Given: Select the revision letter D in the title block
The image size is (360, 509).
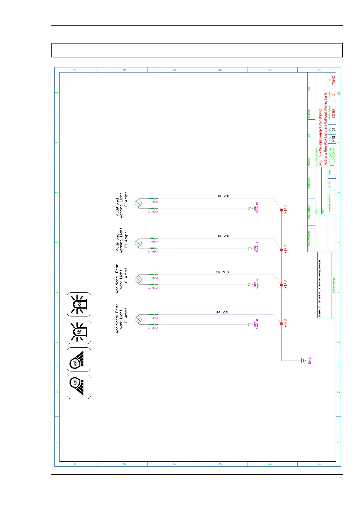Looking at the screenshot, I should tap(334, 94).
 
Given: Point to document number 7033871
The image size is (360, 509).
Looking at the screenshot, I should tap(334, 112).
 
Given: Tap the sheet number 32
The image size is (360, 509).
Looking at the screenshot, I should tap(334, 129).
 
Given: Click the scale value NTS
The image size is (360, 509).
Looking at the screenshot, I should tap(334, 139).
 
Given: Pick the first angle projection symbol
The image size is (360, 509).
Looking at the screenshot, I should tap(332, 155).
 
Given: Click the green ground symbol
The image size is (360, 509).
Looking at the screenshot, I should tap(302, 360).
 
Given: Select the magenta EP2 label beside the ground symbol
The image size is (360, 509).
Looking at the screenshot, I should tap(309, 361).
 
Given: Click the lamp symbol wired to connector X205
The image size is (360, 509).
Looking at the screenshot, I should tap(138, 203).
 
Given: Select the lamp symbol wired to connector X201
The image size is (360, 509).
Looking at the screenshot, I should tap(138, 319).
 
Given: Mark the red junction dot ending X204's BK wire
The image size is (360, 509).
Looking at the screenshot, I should tap(281, 250).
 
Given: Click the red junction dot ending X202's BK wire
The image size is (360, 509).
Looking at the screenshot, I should tap(281, 285).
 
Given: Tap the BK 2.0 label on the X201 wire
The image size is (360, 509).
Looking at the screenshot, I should tap(222, 312).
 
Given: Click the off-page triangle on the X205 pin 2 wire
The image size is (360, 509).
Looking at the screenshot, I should tap(250, 208).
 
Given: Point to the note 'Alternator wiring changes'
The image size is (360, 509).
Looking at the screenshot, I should tap(319, 289).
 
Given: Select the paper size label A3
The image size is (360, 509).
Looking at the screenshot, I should tap(339, 93).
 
